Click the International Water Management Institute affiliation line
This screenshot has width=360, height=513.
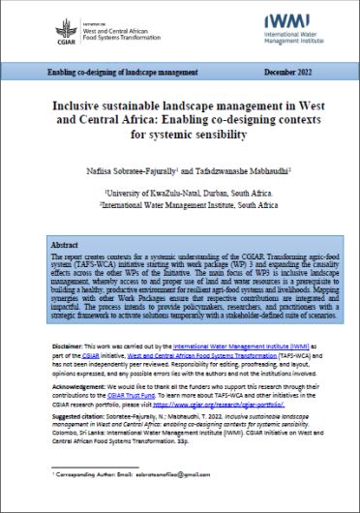point(180,205)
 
